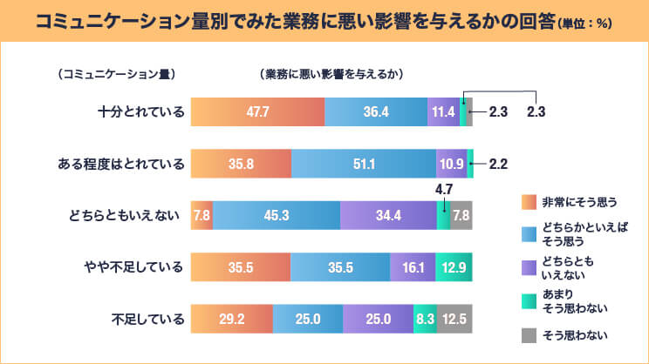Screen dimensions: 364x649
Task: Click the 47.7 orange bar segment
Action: point(257,112)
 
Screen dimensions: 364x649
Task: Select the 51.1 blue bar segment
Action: point(363,164)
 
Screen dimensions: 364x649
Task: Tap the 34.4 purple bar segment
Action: point(387,215)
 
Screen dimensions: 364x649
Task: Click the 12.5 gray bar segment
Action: point(454,320)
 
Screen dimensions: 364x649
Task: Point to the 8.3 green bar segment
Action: point(424,320)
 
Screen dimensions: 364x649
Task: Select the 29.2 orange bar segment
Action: point(231,320)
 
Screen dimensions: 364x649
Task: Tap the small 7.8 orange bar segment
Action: point(201,215)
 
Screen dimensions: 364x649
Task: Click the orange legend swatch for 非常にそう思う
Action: point(526,201)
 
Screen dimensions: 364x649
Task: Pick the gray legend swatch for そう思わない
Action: point(526,334)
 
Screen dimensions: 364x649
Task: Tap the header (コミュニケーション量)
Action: point(114,74)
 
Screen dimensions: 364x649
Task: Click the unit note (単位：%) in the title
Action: point(582,23)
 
